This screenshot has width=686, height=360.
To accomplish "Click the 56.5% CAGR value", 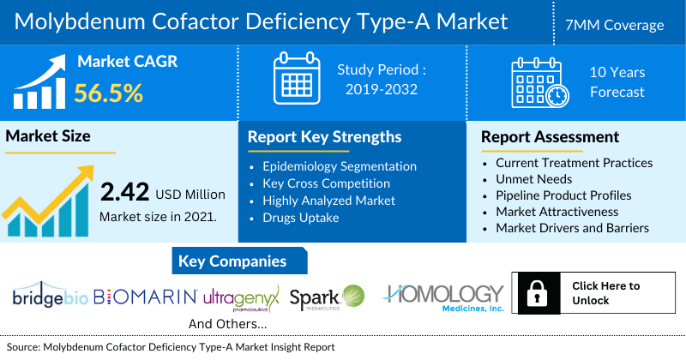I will coord(108,92).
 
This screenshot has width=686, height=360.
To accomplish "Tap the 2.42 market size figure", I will coord(125,192).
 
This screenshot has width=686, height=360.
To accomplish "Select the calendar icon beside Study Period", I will coord(296,78).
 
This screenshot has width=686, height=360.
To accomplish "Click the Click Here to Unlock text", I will coord(605,293).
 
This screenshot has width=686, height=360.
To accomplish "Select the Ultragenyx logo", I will coord(242,297).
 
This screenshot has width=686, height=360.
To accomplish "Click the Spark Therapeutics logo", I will coord(328,297).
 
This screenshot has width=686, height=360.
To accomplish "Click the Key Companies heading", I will coord(232,261).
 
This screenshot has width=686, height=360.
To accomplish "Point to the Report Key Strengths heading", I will coord(324,136).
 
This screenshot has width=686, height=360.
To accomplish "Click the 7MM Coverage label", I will coord(621,25).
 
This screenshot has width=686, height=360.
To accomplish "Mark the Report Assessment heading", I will coord(550,136).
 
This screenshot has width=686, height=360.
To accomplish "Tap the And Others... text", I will coord(227,324).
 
